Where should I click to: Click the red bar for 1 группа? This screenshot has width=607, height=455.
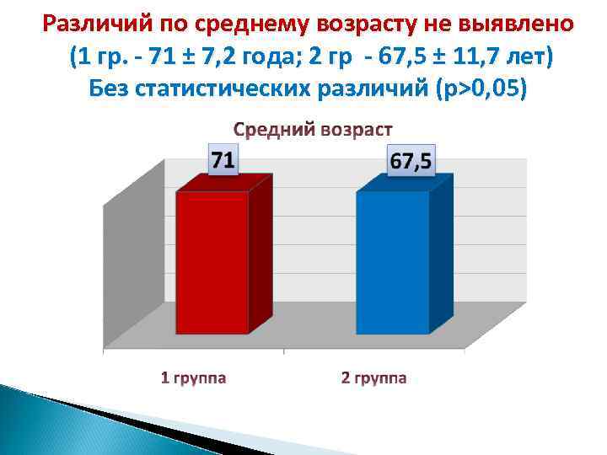coord(212,262)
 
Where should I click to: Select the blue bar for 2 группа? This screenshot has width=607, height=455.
coord(393,262)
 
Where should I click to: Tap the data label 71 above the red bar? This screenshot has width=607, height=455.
coord(223,159)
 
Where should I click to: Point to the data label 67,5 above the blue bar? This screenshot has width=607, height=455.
coord(411,159)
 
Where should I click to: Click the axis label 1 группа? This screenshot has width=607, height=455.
coord(193,377)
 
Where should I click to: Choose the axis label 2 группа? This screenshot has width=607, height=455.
coord(373,377)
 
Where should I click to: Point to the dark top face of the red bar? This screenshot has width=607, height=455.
coord(223,183)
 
